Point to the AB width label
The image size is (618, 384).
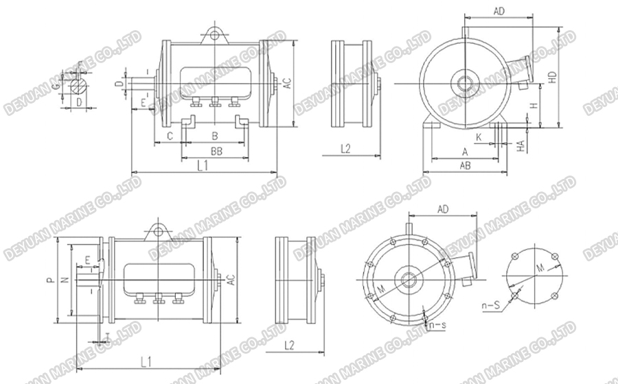click(x=465, y=165)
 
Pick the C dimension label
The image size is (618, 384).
click(x=169, y=136)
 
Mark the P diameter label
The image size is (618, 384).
click(x=49, y=280)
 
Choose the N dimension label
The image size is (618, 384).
click(x=65, y=280)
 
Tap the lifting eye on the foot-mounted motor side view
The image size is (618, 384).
click(x=215, y=32)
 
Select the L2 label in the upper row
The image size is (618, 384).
click(x=345, y=148)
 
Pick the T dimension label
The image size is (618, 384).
click(x=106, y=334)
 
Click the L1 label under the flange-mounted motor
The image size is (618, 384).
click(x=146, y=359)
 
